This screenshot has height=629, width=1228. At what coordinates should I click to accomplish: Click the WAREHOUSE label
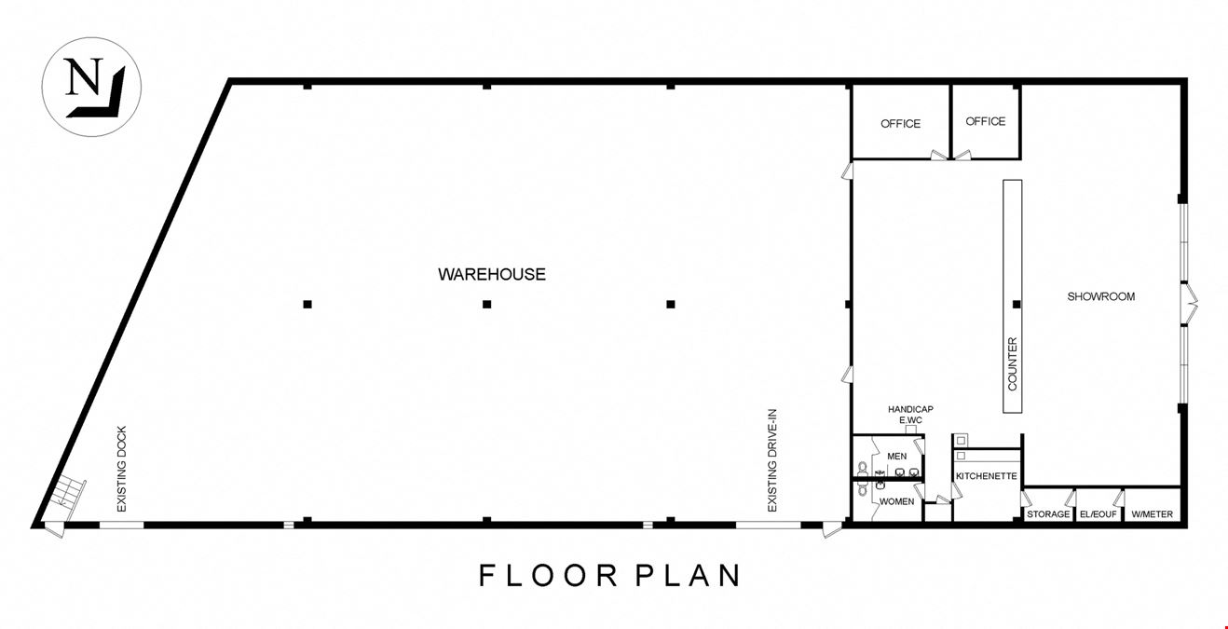click(492, 274)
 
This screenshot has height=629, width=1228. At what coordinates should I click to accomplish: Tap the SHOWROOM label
click(1100, 296)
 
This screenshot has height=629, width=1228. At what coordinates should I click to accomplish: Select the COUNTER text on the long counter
click(1013, 363)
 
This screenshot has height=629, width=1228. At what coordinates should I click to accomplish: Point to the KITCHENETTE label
click(987, 476)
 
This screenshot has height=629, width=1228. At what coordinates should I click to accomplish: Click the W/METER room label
click(1152, 514)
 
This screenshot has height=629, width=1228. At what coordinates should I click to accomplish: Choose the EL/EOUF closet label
click(1098, 514)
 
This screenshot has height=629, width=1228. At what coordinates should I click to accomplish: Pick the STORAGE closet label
click(1047, 514)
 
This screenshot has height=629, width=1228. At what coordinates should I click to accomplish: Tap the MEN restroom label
click(897, 457)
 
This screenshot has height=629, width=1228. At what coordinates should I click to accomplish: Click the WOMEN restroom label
click(897, 501)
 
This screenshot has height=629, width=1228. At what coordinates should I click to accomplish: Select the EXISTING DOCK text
click(122, 469)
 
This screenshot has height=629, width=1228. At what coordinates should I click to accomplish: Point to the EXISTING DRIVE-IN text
click(772, 460)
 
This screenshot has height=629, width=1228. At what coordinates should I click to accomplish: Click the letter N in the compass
click(84, 76)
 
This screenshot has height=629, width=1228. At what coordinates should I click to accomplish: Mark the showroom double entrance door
click(1189, 305)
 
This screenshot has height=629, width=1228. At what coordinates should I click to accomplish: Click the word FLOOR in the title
click(549, 575)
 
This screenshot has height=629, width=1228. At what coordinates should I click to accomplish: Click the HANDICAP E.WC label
click(910, 415)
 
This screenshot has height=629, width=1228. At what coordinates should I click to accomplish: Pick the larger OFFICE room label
click(900, 124)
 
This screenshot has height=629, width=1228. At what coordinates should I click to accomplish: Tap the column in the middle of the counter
click(1017, 305)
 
